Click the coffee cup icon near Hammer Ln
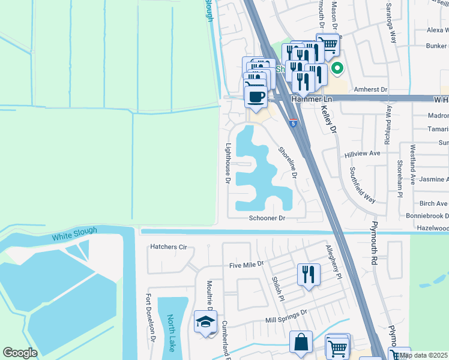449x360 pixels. [256, 96]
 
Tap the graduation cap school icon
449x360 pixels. [205, 322]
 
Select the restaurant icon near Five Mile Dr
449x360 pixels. [309, 275]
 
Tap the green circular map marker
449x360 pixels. [337, 69]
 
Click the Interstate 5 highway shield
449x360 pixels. [292, 123]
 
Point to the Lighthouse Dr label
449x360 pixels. [228, 163]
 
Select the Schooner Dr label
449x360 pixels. [267, 218]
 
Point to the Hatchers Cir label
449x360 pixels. [169, 247]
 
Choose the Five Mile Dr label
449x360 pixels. [246, 264]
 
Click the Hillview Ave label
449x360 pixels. [363, 154]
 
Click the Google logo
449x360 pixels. [20, 353]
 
